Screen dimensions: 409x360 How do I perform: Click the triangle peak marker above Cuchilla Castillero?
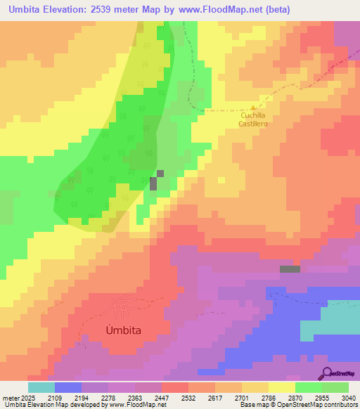click(252, 108)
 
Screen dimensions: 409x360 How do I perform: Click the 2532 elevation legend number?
click(189, 397)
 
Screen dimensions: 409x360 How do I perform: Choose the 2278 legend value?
click(109, 397)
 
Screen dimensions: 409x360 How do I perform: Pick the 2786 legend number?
click(269, 397)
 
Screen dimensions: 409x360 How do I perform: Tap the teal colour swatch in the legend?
click(41, 387)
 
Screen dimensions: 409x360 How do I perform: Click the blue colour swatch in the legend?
click(67, 387)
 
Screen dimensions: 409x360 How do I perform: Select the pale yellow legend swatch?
click(281, 387)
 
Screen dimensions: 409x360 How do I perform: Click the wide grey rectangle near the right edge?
click(289, 268)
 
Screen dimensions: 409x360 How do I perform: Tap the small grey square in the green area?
click(160, 173)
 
